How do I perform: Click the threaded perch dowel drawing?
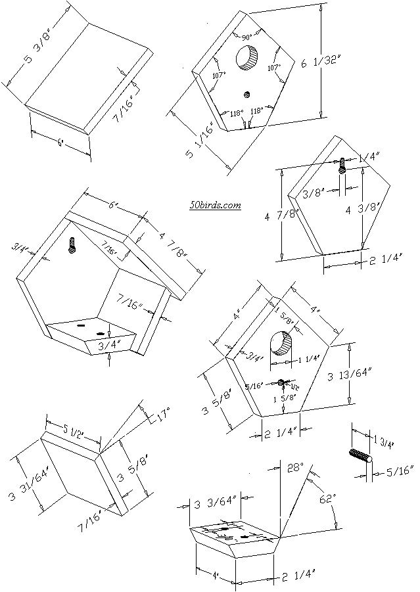click(x=360, y=457)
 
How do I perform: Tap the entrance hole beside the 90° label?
click(x=248, y=59)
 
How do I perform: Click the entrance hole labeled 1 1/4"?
click(x=281, y=344)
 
